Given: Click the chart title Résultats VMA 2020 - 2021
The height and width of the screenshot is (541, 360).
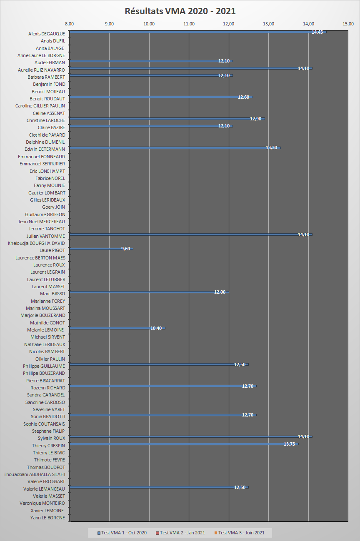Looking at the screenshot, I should coord(180,11).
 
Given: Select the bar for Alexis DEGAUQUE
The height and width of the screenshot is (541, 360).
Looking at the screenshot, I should coord(196,32).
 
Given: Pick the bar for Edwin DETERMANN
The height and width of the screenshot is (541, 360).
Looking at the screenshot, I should coord(175,147).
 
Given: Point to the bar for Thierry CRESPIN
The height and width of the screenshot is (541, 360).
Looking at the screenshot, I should coord(183,444).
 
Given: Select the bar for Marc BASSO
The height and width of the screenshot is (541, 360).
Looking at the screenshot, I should coord(149,292).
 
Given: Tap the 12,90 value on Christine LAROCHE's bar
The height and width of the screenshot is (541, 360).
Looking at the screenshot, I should coord(255,119).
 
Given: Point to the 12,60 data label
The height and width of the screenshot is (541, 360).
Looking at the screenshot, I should coord(243,97).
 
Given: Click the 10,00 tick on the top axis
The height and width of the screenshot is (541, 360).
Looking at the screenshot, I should coord(149,24).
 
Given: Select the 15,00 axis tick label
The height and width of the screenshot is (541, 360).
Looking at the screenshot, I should coord(348,24).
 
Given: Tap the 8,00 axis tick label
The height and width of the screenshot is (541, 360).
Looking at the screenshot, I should coord(70,24).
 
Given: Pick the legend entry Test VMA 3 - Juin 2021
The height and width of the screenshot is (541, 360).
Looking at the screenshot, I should coord(239,533).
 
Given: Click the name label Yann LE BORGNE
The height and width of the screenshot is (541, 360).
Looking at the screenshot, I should coord(47,518).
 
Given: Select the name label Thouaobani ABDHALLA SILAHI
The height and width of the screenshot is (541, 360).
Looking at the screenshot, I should coord(35,474).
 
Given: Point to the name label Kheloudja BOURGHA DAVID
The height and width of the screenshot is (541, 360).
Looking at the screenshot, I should coord(37,243).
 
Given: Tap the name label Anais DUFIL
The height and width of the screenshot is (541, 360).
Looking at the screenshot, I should coord(53,41).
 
